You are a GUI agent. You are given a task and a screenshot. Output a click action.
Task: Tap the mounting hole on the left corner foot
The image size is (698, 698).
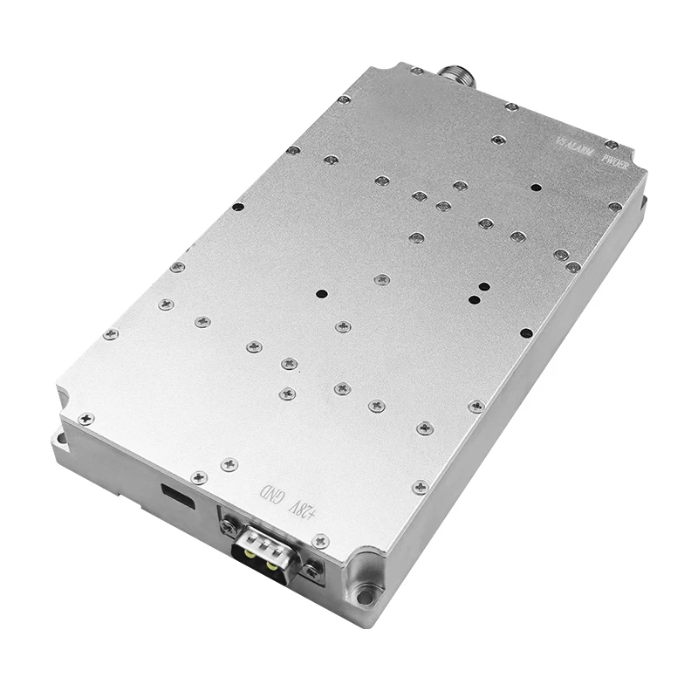pyautogui.click(x=63, y=433)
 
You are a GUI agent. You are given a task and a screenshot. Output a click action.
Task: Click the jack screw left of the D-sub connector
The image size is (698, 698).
pyautogui.click(x=229, y=526)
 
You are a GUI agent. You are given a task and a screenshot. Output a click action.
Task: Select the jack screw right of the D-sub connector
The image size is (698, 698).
pyautogui.click(x=312, y=571)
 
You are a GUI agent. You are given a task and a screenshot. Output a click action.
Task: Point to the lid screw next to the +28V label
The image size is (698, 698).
pyautogui.click(x=320, y=540)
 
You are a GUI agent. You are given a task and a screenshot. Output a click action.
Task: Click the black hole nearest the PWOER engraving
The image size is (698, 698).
pyautogui.click(x=536, y=188)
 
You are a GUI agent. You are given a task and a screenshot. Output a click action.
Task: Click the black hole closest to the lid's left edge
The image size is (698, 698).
pyautogui.click(x=237, y=208)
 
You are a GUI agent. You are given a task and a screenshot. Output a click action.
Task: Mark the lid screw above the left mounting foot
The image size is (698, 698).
pyautogui.click(x=86, y=419)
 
